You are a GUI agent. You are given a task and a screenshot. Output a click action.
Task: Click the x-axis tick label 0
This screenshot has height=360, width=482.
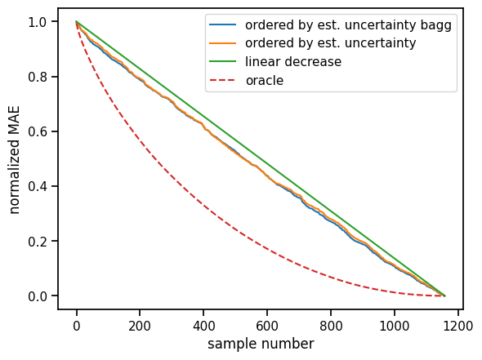point(76,323)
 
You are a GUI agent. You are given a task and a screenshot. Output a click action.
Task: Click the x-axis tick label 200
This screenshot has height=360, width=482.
point(140,323)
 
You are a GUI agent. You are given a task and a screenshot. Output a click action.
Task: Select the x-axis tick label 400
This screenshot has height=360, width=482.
point(203,323)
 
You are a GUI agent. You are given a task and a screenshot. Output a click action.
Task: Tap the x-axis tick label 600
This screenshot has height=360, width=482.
point(267,323)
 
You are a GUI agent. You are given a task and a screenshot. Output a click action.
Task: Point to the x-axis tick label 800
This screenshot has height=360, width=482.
point(331,323)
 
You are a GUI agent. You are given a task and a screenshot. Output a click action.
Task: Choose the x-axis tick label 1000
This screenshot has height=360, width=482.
point(394,323)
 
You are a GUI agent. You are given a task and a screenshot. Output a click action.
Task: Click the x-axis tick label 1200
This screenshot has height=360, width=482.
point(457,323)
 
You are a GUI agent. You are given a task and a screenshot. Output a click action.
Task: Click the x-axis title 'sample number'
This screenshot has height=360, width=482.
point(261,344)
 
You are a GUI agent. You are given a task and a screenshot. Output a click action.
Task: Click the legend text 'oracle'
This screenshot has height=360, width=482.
point(265,80)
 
